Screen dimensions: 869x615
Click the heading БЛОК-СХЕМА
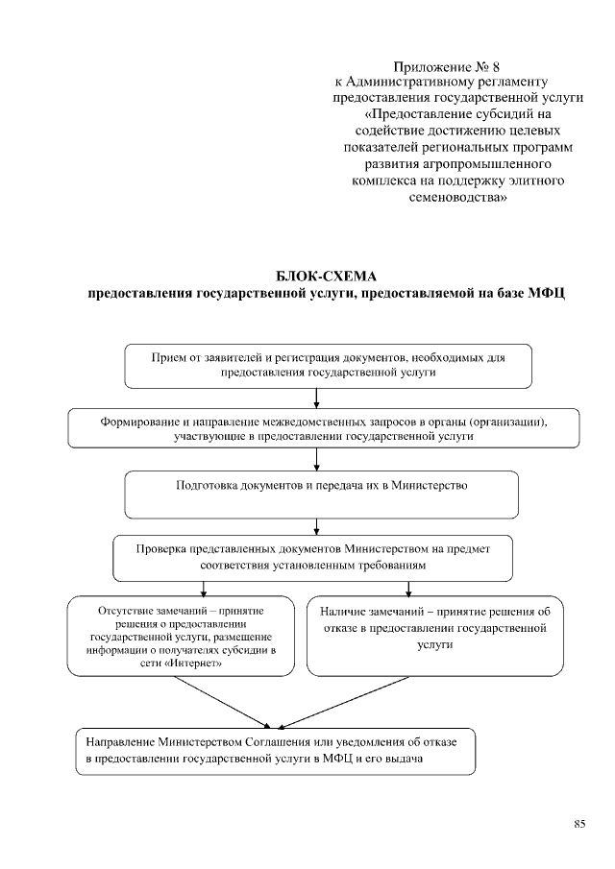click(x=328, y=277)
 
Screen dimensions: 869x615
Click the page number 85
click(x=579, y=823)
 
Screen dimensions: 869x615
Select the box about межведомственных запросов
click(x=324, y=428)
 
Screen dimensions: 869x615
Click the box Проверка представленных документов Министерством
click(x=312, y=557)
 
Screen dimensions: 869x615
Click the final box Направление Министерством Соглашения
click(x=277, y=751)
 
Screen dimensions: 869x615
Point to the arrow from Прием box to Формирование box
click(x=316, y=398)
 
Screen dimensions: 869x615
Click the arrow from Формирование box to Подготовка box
click(x=316, y=460)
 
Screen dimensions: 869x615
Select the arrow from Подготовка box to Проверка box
click(x=316, y=525)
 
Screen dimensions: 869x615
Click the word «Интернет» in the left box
click(x=208, y=663)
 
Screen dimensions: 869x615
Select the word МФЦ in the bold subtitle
click(x=544, y=294)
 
